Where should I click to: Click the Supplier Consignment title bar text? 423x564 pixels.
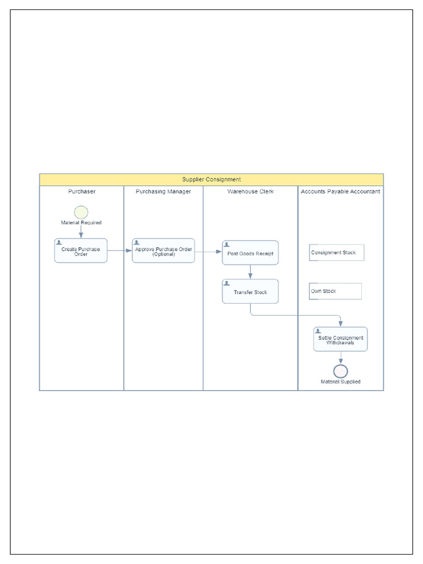(211, 180)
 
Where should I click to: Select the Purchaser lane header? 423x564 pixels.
(82, 192)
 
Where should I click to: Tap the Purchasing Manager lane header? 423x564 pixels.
(164, 192)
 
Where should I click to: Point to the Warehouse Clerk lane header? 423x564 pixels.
(251, 192)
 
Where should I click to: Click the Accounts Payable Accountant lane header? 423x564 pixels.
(340, 192)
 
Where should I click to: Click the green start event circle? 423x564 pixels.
(81, 212)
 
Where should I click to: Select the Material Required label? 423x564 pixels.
(81, 223)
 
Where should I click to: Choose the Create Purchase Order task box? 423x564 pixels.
(81, 251)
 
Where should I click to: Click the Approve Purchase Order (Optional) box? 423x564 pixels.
(164, 251)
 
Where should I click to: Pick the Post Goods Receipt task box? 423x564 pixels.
(251, 253)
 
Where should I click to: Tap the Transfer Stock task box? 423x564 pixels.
(251, 292)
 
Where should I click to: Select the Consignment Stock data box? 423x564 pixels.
(337, 253)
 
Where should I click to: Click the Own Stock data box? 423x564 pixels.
(335, 291)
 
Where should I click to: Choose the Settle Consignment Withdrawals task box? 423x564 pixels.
(340, 340)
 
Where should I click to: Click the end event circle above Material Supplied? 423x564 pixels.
(340, 371)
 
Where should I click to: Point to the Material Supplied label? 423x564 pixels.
(340, 382)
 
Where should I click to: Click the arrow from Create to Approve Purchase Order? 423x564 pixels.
(120, 251)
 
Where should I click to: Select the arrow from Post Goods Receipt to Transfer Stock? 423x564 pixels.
(251, 272)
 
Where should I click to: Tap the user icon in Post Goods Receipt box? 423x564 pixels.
(227, 245)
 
